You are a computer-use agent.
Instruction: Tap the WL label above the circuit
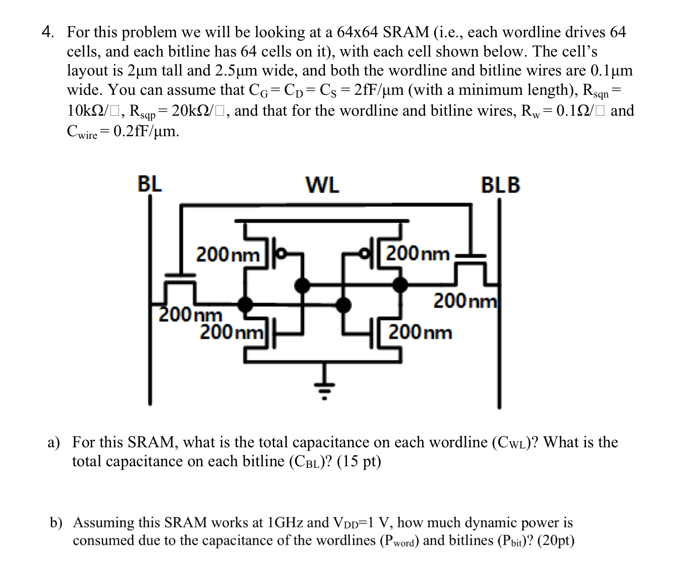[322, 186]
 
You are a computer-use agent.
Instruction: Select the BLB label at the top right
[500, 186]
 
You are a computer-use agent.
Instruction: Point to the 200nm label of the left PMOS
[228, 254]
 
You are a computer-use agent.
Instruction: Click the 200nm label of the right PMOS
[418, 253]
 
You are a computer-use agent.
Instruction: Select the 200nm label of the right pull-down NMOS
[420, 333]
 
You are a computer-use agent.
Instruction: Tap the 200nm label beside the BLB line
[465, 301]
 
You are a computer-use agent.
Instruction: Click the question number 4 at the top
[47, 32]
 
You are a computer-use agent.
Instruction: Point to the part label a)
[54, 442]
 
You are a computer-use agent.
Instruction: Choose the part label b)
[56, 522]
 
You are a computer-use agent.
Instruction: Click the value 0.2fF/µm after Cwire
[146, 131]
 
